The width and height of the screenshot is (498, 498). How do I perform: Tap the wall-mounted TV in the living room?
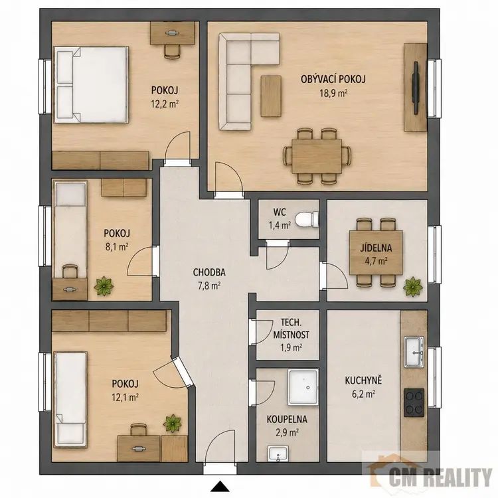click(416, 88)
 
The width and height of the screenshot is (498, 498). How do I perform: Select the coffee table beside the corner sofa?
click(271, 96)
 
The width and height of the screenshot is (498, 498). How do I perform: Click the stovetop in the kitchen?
click(414, 403)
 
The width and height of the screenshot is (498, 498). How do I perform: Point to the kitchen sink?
click(414, 351)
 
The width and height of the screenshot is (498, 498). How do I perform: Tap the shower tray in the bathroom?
click(303, 387)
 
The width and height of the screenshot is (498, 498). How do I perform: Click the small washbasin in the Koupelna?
click(278, 454)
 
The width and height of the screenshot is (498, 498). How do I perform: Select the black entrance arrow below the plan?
click(220, 487)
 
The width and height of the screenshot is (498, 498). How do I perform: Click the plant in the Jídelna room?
click(413, 286)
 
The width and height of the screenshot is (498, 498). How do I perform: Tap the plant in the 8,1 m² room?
click(104, 286)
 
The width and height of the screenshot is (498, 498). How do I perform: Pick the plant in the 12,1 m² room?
click(173, 423)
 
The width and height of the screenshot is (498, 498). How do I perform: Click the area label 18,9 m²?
click(333, 94)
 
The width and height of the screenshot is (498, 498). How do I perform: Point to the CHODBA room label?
click(209, 272)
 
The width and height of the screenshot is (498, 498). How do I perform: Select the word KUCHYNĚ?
click(363, 380)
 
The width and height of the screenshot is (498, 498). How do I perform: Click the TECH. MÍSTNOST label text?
click(291, 329)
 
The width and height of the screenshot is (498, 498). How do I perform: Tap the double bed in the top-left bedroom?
click(91, 84)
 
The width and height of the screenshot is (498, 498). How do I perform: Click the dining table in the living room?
click(317, 156)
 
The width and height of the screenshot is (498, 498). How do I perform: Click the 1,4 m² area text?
click(280, 226)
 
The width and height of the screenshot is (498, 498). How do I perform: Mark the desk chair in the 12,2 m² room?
click(173, 51)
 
